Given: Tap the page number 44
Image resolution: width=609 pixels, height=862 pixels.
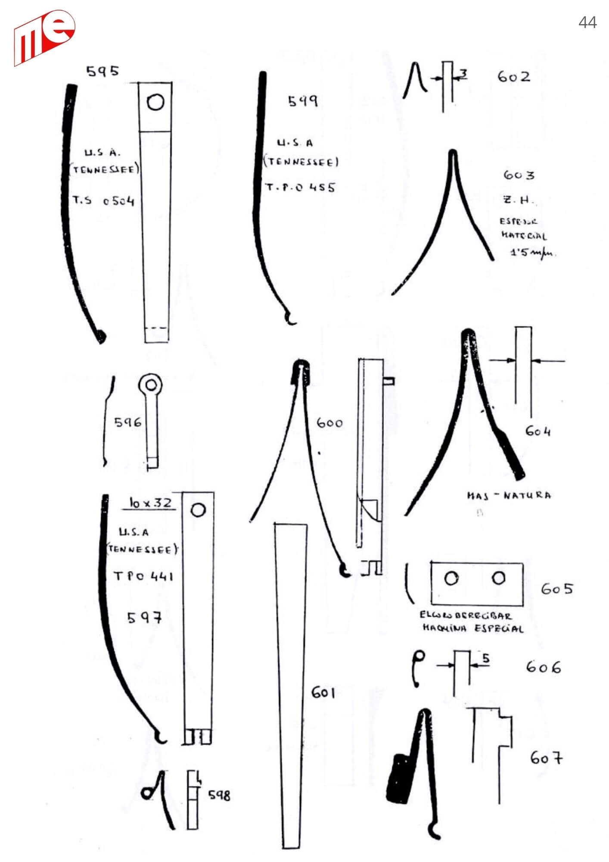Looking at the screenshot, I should click(587, 22).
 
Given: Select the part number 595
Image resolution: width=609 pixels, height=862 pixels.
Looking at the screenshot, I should click(103, 71).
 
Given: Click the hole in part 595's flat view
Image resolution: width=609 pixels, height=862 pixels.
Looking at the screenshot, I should click(155, 103).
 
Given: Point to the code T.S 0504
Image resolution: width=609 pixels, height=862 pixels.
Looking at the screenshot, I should click(103, 200).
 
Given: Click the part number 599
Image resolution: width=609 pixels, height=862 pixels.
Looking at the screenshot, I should click(303, 101).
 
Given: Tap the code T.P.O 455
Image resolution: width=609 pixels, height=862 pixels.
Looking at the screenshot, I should click(300, 187).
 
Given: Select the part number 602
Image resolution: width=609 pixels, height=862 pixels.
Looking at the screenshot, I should click(513, 77).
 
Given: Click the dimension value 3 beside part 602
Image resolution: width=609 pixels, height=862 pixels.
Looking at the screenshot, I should click(463, 74).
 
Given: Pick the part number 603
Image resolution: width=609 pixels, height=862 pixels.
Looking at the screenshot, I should click(519, 175).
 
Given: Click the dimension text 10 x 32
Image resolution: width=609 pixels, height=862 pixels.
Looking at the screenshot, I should click(150, 503).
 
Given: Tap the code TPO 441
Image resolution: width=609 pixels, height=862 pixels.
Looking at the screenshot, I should click(143, 576).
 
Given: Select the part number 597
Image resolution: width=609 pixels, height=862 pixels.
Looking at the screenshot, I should click(145, 618).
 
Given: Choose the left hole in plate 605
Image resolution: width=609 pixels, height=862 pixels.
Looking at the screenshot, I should click(451, 578).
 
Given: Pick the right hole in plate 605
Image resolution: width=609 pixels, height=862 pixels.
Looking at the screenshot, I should click(498, 578).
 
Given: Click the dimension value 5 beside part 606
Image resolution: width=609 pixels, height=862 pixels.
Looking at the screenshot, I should click(485, 658).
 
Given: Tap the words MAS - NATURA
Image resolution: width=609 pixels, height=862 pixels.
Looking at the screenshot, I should click(509, 495).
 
